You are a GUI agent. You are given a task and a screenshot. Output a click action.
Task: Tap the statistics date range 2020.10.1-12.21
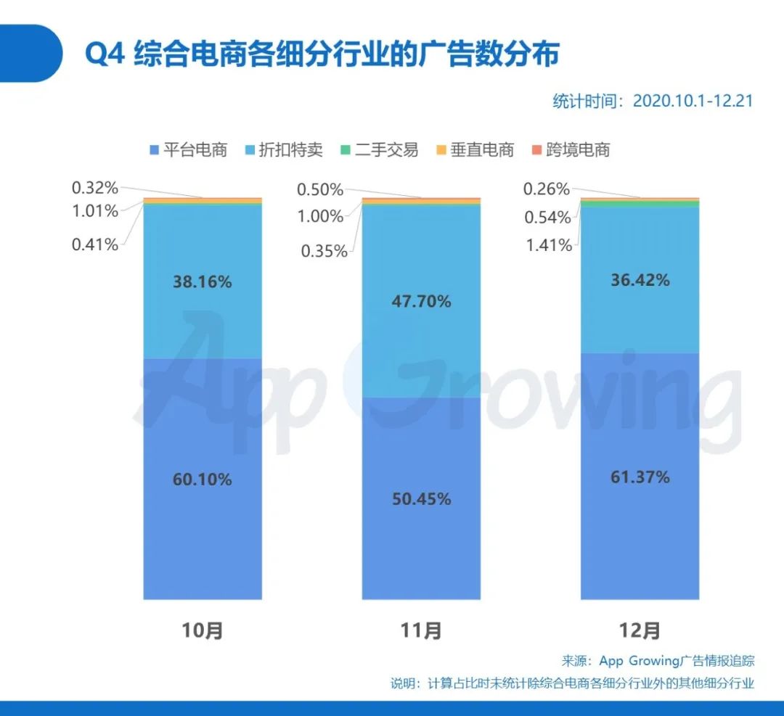click(652, 101)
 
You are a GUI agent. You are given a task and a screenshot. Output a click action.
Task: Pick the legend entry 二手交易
click(379, 150)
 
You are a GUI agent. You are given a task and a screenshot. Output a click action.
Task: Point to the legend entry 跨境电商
click(570, 150)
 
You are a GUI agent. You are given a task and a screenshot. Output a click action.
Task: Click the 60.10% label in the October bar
click(202, 480)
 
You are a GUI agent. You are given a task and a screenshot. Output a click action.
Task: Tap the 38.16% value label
click(202, 282)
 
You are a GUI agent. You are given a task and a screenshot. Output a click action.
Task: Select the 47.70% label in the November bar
click(421, 301)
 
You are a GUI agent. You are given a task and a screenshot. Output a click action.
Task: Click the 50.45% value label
click(421, 499)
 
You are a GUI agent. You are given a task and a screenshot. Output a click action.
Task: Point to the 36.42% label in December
click(640, 279)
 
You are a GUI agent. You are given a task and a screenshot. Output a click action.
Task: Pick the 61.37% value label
click(640, 477)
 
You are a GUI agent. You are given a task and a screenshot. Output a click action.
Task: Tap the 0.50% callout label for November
click(320, 190)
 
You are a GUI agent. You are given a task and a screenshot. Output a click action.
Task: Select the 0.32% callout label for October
click(94, 189)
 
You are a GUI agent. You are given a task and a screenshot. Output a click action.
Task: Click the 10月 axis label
click(202, 630)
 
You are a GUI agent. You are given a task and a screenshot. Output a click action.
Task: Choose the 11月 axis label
click(421, 630)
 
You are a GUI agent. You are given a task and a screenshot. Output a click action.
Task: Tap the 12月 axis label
click(640, 630)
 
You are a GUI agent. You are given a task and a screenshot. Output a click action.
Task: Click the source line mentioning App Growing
click(658, 661)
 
